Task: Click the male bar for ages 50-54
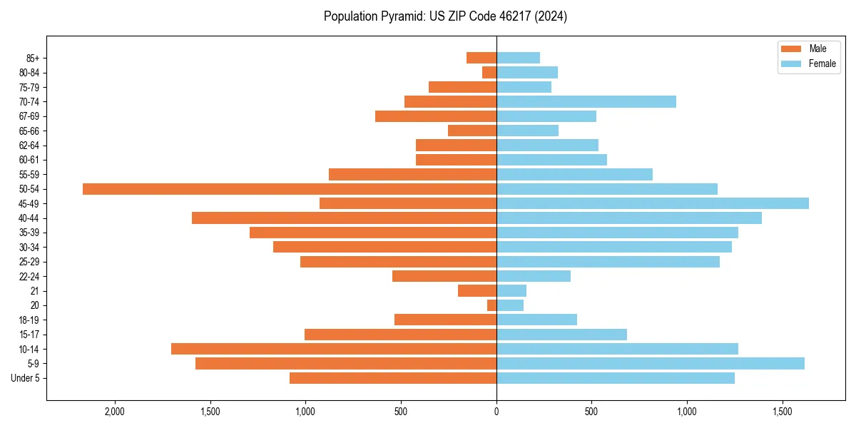click(290, 189)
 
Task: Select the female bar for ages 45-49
click(653, 203)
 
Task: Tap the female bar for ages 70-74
click(586, 102)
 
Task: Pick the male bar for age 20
click(492, 305)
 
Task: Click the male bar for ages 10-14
click(334, 349)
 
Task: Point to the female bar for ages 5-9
click(651, 364)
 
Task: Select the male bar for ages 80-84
click(489, 73)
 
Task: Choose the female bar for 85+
click(519, 58)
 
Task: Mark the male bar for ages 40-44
click(344, 218)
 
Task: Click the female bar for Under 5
click(616, 378)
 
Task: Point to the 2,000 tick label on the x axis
click(115, 412)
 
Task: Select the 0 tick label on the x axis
click(496, 412)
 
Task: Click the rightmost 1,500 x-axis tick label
click(783, 412)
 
